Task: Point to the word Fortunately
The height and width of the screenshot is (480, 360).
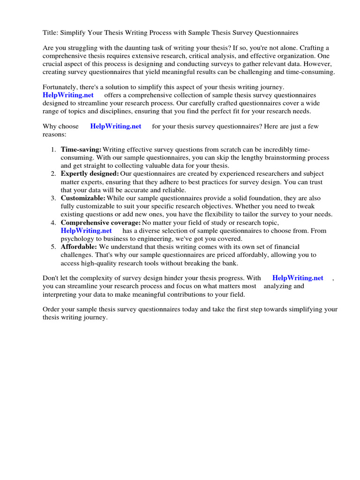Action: [x=61, y=87]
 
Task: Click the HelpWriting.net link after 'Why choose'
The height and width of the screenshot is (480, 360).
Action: [x=115, y=127]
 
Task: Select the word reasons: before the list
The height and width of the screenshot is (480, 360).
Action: [x=54, y=134]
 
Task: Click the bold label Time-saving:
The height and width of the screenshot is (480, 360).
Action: [x=81, y=150]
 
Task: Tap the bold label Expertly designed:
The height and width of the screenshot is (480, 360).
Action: [x=90, y=173]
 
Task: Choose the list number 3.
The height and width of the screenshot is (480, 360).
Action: [x=53, y=198]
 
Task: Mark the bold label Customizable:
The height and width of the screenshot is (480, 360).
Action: [x=83, y=198]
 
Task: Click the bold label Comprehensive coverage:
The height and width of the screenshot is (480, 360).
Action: [x=100, y=222]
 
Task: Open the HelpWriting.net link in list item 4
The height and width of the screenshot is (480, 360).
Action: [x=86, y=231]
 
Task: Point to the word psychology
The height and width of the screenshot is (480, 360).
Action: [x=76, y=239]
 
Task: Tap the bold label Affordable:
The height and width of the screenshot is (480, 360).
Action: [x=79, y=247]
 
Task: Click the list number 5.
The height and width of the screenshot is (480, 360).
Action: [x=53, y=247]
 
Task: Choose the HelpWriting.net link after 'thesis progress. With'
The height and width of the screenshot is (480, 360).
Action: [x=298, y=277]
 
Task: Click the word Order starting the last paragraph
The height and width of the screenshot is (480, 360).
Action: [x=52, y=309]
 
